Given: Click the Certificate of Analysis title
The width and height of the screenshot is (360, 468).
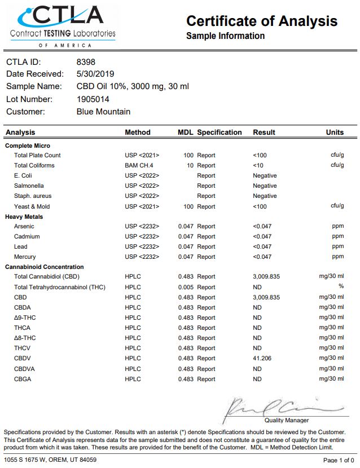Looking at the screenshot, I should click(262, 21).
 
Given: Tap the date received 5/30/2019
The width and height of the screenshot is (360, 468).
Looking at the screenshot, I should click(95, 74).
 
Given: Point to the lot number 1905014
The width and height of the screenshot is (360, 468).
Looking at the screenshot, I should click(96, 99).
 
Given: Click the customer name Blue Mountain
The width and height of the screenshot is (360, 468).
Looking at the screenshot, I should click(103, 112).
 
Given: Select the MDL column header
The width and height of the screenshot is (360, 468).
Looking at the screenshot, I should click(185, 133).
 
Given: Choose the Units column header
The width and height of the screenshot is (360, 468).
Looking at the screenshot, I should click(335, 133).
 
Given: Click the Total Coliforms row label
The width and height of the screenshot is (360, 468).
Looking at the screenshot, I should click(34, 165).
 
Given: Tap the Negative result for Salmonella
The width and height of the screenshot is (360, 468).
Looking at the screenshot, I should click(265, 186).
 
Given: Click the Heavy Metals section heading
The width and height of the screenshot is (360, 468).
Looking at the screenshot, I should click(24, 217).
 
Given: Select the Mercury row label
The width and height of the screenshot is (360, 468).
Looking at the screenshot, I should click(25, 257).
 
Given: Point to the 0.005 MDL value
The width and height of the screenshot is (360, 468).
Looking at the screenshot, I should click(186, 287).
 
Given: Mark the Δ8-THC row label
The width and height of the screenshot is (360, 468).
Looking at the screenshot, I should click(26, 338).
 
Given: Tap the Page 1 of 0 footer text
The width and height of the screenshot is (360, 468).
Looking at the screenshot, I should click(339, 460).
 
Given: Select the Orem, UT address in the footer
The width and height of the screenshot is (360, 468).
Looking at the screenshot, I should click(42, 460).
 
